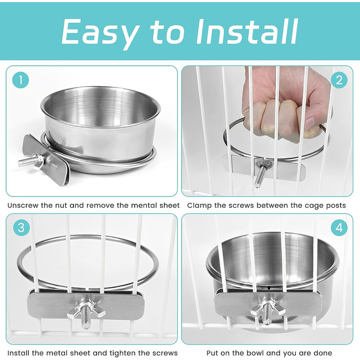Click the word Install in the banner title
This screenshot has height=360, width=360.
coord(247,31)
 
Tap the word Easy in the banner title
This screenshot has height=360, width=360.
coord(101,34)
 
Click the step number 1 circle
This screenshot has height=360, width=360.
coord(21,80)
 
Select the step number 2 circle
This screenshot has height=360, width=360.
coord(339,80)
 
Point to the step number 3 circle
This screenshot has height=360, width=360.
coord(21,227)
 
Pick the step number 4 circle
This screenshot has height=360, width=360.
coord(339,227)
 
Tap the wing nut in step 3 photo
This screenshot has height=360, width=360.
coord(86,310)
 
